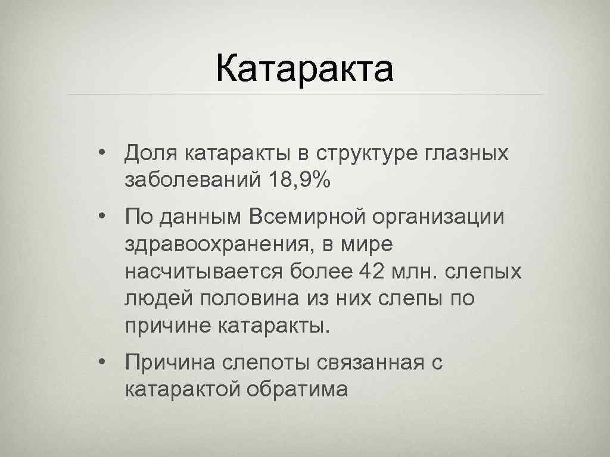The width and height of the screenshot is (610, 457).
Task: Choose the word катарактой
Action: pos(181,390)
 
